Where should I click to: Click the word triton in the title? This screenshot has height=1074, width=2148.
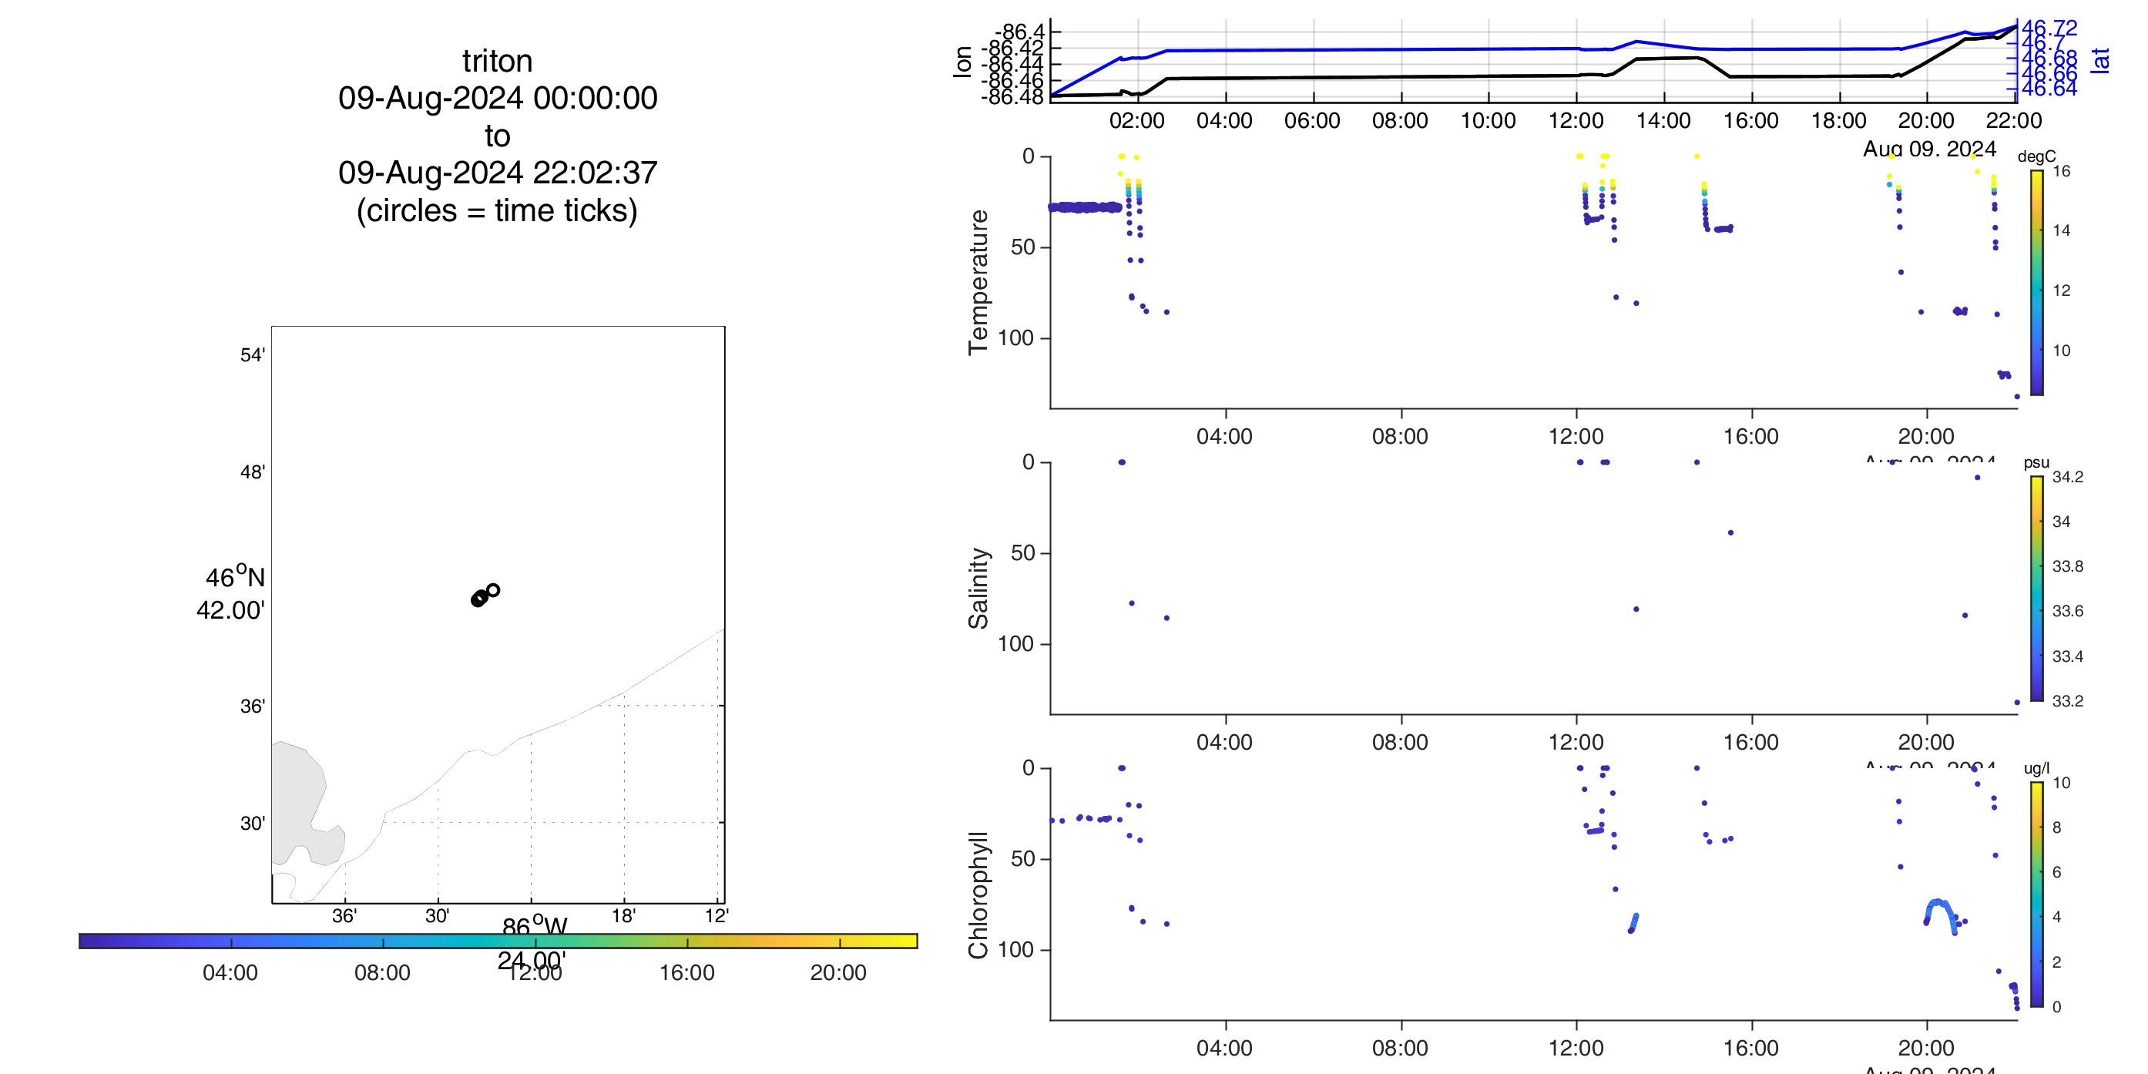point(497,62)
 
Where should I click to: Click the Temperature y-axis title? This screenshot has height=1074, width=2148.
point(978,282)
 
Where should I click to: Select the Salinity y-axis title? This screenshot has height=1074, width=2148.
point(978,588)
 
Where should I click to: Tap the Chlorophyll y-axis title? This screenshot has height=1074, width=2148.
point(978,894)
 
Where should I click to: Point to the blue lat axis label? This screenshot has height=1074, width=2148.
point(2101,60)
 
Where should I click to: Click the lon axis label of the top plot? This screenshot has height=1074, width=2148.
point(963,62)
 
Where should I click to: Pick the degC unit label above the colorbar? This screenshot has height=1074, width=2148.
point(2036,156)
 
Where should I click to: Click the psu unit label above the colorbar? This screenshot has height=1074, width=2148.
point(2036,463)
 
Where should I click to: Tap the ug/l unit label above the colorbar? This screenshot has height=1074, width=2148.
point(2036,768)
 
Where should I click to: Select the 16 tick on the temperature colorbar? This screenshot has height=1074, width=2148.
point(2061,172)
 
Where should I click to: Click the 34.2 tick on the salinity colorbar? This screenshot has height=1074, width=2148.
point(2067,477)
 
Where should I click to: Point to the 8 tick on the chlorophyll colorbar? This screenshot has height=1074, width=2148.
point(2056,827)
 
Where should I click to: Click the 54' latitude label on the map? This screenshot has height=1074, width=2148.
point(253,355)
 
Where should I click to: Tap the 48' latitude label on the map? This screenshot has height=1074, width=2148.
point(253,472)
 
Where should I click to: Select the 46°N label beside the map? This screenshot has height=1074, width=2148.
point(235,577)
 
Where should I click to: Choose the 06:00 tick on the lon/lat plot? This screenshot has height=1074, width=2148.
point(1311,121)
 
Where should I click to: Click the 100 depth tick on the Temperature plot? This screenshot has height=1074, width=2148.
point(1015,338)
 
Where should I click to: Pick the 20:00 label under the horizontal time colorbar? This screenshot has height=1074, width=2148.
point(838,973)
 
